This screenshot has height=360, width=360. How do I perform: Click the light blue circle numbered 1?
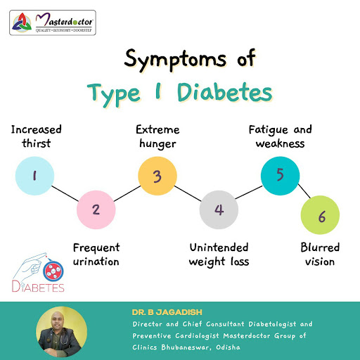[x=34, y=176]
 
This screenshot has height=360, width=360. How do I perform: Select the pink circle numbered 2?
[x=96, y=210]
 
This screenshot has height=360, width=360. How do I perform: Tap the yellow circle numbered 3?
[x=157, y=176]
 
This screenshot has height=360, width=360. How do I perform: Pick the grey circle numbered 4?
[x=219, y=210]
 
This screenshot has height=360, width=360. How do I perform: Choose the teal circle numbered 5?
[x=281, y=176]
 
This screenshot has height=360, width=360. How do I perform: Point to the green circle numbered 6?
[x=320, y=215]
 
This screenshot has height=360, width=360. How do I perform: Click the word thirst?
[x=37, y=143]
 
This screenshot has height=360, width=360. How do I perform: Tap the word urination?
[x=96, y=262]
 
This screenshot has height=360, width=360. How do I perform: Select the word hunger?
[x=157, y=143]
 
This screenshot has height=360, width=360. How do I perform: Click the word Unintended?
[x=219, y=247]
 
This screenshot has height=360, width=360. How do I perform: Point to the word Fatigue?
[x=269, y=130]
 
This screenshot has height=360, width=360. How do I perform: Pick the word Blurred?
[x=320, y=247]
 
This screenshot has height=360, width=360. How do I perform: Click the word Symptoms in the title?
[x=175, y=60]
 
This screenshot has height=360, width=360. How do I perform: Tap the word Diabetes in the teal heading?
[x=225, y=92]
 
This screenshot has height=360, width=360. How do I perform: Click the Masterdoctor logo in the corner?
[x=53, y=22]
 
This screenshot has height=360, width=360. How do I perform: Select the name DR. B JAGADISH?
[x=167, y=312]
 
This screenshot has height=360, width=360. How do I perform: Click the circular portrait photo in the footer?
[x=62, y=332]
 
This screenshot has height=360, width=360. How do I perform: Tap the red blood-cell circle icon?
[x=53, y=271]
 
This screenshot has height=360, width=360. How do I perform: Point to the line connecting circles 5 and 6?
[x=304, y=191]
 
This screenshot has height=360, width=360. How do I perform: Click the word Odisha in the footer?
[x=228, y=347]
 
